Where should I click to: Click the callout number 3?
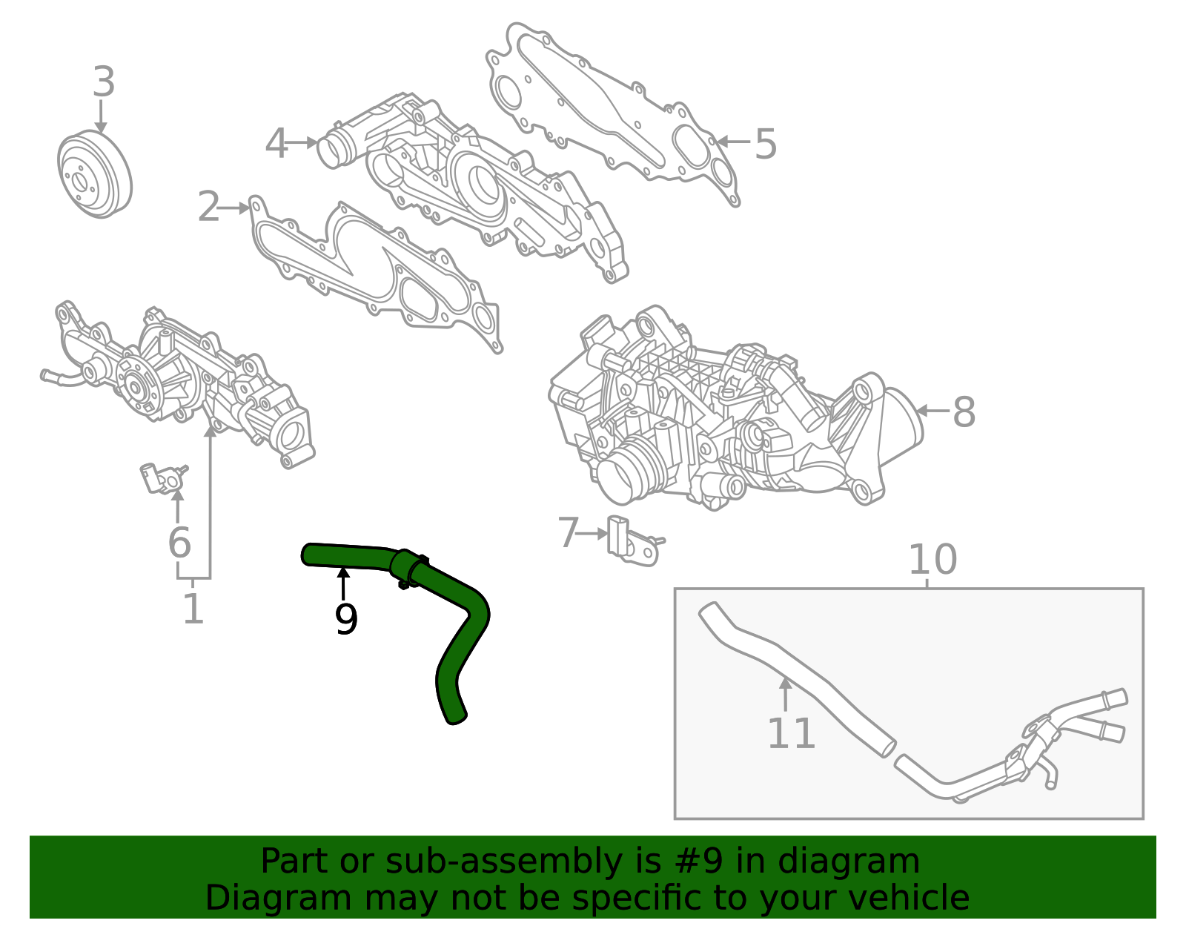pos(104,82)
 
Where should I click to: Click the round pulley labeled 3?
pos(94,175)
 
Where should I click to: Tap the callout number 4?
pos(276,144)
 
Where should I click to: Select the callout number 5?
pos(765,144)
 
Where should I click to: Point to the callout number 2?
pos(208,208)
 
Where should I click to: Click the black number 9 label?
pos(345,620)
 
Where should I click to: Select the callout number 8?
pos(964,412)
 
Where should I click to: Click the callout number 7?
pos(568,533)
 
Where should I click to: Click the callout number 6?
pos(179,543)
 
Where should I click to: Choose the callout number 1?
pos(193,609)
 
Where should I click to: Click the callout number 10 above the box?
pos(932,560)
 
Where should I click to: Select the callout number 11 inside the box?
pos(791,734)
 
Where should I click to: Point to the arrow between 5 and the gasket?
pos(734,142)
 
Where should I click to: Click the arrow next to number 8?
pos(932,410)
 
